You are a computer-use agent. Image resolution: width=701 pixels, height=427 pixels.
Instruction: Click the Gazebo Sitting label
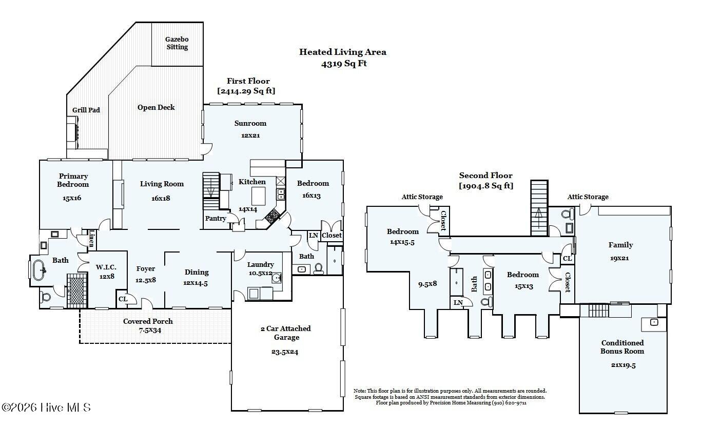(177, 43)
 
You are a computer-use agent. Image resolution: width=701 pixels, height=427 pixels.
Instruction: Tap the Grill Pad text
(86, 110)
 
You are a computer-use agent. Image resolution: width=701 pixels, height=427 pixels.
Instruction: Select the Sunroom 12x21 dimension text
(250, 135)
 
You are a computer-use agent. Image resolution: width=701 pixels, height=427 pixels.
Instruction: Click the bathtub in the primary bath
(39, 270)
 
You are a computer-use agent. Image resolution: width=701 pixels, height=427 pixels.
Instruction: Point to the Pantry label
(216, 219)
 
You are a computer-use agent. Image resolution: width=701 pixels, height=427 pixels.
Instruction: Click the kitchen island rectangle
(259, 196)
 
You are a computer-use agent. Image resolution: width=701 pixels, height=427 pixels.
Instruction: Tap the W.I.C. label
(106, 267)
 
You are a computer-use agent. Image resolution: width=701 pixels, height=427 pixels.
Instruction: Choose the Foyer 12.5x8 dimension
(146, 280)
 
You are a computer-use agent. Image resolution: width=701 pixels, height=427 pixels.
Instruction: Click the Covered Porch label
(148, 321)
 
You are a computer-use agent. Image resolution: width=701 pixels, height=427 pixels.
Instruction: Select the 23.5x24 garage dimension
(285, 352)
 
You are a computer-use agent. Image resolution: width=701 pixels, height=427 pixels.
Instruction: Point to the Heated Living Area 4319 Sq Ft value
(344, 64)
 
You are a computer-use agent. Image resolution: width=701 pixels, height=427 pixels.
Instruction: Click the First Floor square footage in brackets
(246, 91)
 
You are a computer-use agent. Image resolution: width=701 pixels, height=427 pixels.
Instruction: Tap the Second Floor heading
(485, 176)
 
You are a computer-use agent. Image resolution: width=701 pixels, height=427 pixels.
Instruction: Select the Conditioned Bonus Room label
(622, 347)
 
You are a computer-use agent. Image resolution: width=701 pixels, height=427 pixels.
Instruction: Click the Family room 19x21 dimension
(619, 258)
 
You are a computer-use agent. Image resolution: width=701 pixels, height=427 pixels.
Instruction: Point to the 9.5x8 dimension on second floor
(427, 284)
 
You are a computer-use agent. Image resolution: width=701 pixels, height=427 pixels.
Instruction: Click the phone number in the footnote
(509, 403)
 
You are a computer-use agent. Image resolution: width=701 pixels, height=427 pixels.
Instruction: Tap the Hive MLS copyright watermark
(46, 407)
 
